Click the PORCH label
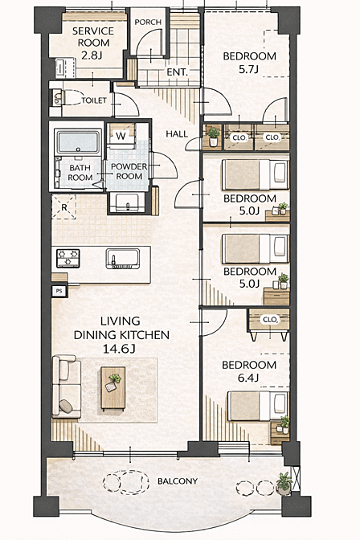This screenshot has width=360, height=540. tap(148, 22)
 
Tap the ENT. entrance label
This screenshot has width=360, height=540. tap(177, 72)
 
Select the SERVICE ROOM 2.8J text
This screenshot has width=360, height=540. tap(93, 43)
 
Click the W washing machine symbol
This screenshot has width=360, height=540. tap(121, 136)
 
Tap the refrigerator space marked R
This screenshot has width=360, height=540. tap(63, 207)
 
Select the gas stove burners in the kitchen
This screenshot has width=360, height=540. tap(68, 258)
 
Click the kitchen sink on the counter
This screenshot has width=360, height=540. tap(123, 258)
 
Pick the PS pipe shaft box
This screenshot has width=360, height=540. tap(59, 292)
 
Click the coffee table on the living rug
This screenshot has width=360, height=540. tap(113, 388)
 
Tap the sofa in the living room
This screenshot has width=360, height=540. tap(67, 387)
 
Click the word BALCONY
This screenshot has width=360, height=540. tap(178, 481)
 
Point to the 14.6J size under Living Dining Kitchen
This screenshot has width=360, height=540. tap(119, 349)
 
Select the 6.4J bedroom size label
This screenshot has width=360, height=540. tap(248, 378)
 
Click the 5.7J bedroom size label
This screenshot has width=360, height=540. tap(249, 69)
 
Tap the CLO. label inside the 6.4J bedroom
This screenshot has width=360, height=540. tap(270, 320)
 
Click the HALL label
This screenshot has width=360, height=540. tap(177, 134)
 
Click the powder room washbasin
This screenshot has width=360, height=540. tap(127, 202)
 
